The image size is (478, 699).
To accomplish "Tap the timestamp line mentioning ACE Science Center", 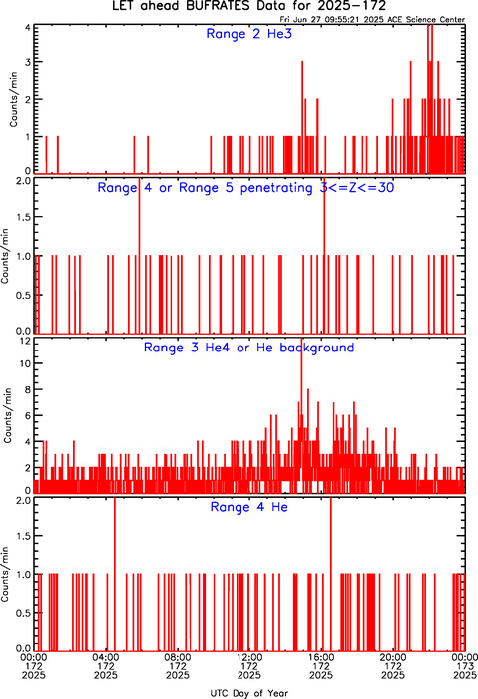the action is click(372, 20).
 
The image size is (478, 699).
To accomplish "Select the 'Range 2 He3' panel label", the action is click(249, 34).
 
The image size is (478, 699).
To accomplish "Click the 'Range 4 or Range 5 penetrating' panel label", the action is click(205, 188).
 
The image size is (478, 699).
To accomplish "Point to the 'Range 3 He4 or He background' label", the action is click(248, 348).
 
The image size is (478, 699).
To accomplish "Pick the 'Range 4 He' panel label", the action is click(248, 507).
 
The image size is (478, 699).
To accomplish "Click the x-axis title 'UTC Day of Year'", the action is click(249, 693).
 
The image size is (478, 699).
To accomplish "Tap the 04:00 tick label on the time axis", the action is click(106, 657).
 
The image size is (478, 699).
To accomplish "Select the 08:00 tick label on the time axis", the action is click(178, 657).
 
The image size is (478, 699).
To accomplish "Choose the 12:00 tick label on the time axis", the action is click(249, 657).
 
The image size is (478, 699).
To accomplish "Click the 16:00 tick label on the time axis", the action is click(321, 657).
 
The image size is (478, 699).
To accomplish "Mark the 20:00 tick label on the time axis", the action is click(393, 657).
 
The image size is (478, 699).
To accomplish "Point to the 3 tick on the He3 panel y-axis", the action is click(28, 62).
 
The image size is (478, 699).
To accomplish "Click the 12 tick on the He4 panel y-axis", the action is click(25, 342).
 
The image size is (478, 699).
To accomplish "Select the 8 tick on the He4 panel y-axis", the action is click(28, 389).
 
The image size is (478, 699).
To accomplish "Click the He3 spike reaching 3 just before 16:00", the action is click(302, 117).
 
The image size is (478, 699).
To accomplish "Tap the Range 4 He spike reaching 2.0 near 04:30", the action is click(115, 574).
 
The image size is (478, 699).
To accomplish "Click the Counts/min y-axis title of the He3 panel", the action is click(13, 99).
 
